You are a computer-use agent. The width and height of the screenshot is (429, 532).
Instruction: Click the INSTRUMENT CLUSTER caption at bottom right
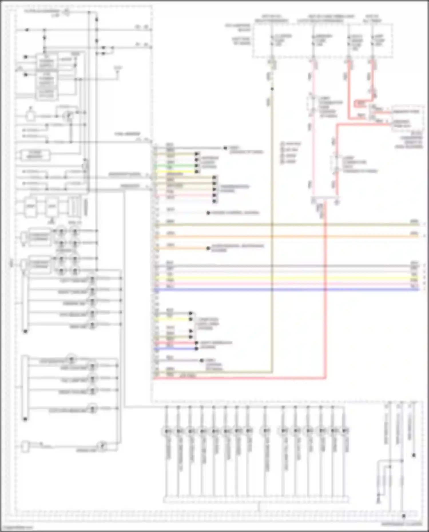(x=402, y=524)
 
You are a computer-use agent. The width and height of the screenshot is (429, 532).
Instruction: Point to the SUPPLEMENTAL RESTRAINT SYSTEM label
(x=237, y=248)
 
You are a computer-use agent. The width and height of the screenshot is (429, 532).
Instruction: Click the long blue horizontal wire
(x=286, y=290)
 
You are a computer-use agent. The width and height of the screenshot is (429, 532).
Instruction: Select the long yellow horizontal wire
(x=286, y=278)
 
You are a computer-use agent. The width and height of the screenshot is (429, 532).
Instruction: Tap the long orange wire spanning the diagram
(x=286, y=237)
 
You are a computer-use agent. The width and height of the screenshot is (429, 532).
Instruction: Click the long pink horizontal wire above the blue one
(x=286, y=284)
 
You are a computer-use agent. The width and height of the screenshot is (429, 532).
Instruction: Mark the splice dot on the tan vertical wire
(x=272, y=89)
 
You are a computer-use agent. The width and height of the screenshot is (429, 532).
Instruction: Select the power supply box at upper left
(x=47, y=77)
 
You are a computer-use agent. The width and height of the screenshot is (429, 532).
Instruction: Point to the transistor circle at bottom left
(x=102, y=446)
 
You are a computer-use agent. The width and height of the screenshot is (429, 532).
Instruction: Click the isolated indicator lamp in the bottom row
(x=266, y=431)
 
